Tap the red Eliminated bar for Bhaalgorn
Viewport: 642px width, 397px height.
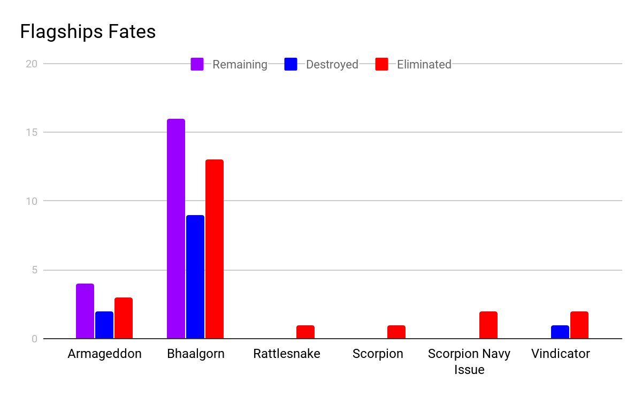click(215, 249)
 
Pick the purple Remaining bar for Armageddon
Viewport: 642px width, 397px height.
click(85, 311)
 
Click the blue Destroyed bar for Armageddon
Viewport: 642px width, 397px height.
click(104, 325)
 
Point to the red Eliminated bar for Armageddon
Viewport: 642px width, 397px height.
click(124, 318)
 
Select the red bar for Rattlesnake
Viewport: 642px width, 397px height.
click(305, 332)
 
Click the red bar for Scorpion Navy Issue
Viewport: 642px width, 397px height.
click(488, 325)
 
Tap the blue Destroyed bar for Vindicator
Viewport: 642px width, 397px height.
click(560, 332)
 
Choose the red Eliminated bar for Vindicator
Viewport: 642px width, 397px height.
click(579, 325)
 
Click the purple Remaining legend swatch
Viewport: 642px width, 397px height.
click(197, 64)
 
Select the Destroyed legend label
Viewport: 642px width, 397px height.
click(332, 65)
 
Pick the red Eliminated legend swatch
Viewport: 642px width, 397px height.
click(381, 64)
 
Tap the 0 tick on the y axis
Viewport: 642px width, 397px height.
click(34, 339)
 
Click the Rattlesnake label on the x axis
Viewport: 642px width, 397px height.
click(287, 354)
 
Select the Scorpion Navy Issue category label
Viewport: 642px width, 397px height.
click(469, 361)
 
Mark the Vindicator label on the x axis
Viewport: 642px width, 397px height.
click(561, 354)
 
